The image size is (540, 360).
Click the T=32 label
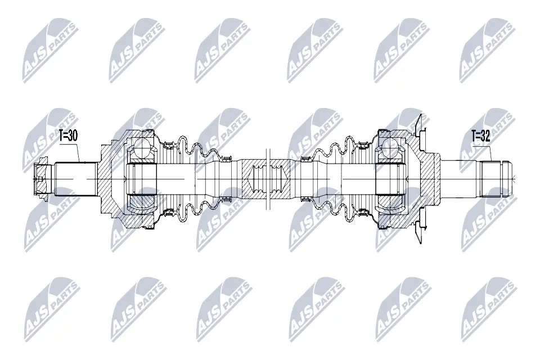pos(480,136)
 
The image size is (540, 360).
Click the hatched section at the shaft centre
pos(271,179)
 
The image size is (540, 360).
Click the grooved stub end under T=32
pos(495,179)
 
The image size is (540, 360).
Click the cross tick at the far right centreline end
pos(515,179)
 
